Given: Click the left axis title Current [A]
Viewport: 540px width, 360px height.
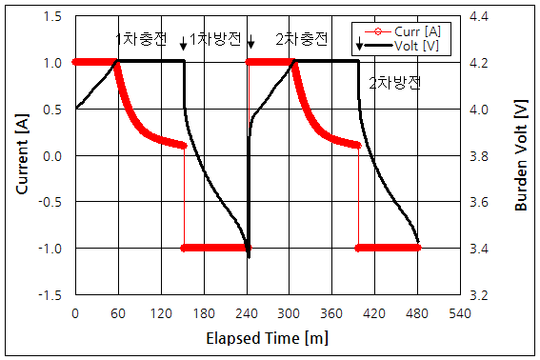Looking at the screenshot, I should pos(20,155).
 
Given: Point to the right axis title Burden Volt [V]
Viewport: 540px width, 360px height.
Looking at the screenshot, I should pos(521,155).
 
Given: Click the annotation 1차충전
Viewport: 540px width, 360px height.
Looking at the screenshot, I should pos(141,39).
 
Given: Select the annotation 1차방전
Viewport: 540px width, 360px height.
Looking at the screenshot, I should pos(215,39).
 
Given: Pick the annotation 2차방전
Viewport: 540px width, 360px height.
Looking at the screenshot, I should pos(394,83).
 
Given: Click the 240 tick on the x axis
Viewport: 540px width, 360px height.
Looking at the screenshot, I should pos(247,312).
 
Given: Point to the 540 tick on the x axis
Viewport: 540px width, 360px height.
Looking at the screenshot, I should pos(460,312).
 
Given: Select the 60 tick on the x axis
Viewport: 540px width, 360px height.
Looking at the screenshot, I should pos(118,312).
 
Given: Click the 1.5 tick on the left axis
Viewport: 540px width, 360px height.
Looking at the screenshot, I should pos(53,17).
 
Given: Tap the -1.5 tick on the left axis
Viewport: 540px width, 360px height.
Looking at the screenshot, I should pos(51,295).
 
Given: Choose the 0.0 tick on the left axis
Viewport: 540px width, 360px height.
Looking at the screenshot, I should pos(53,156).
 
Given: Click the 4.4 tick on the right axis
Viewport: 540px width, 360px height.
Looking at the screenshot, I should pos(478,17).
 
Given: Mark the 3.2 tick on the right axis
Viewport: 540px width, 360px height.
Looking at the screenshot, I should pos(478,295).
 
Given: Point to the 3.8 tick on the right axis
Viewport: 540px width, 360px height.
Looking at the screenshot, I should pos(478,156).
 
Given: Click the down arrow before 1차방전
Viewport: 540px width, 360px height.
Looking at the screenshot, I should pos(183,42).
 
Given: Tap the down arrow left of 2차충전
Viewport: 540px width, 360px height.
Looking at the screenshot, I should pos(250,42).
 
